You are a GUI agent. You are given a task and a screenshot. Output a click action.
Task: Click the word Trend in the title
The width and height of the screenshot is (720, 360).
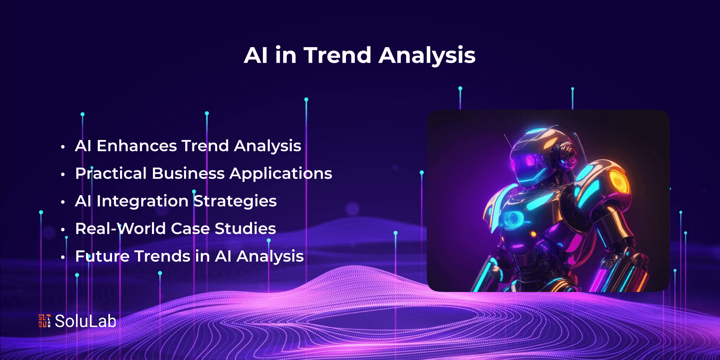tap(338, 55)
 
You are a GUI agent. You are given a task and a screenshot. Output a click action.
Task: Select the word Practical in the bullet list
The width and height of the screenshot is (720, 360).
tap(111, 173)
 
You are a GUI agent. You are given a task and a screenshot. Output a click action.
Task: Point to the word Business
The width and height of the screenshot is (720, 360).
tap(188, 173)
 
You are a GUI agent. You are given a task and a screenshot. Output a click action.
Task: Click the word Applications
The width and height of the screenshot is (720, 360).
tap(281, 174)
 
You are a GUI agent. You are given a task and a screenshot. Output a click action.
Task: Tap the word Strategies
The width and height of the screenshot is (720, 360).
tap(235, 201)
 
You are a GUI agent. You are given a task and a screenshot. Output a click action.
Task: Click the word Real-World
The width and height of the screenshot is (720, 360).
tap(120, 228)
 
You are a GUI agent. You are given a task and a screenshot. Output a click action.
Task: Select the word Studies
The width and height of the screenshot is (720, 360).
tap(245, 228)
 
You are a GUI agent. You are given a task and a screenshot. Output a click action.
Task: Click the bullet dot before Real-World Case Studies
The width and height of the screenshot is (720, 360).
tap(63, 230)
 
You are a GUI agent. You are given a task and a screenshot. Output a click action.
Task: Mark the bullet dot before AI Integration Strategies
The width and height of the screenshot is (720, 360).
tap(63, 202)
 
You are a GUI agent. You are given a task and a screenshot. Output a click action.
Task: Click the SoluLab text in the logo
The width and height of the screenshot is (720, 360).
tap(86, 321)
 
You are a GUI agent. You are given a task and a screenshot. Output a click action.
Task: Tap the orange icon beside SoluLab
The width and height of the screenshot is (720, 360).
tap(44, 321)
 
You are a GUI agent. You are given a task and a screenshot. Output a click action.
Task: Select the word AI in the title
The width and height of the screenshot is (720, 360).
tap(256, 55)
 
